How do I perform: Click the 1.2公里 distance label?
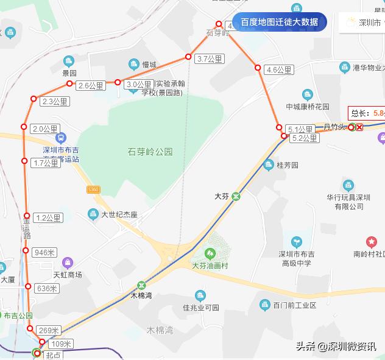coord(49,217)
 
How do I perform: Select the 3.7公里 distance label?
coord(210,59)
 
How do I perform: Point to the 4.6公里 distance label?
coord(280,70)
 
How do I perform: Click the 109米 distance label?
coord(60,344)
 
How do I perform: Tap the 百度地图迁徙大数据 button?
coord(280,23)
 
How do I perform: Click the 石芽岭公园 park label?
coord(150,151)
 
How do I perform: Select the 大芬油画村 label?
coord(209,266)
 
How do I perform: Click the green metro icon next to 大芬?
coord(236,196)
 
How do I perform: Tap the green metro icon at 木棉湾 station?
coord(141,284)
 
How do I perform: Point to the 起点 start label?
coord(54,355)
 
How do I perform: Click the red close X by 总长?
coord(359,127)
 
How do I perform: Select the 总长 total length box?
coord(367,113)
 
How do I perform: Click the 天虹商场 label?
coord(68,275)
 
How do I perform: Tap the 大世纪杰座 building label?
coord(119,214)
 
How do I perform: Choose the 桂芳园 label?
coord(287,165)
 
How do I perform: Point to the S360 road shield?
coord(93,190)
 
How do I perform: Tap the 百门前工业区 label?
coord(295,305)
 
